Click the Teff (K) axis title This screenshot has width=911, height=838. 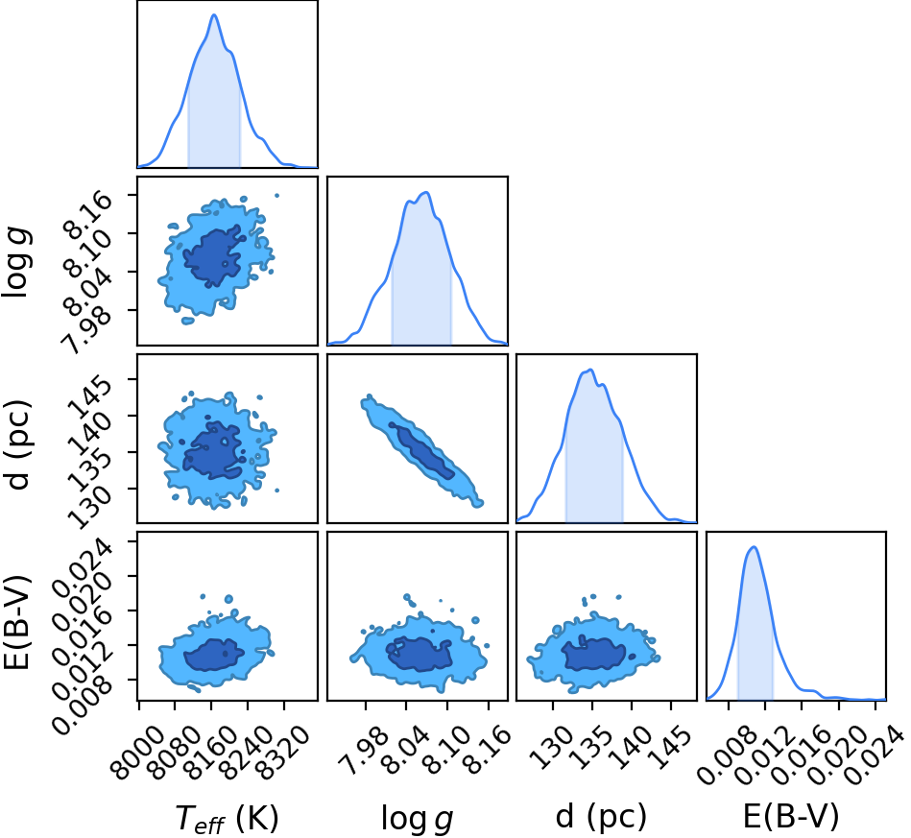[x=228, y=818]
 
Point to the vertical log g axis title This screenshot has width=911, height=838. [x=16, y=262]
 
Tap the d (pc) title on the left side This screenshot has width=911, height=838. [x=17, y=444]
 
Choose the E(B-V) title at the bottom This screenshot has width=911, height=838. [x=791, y=817]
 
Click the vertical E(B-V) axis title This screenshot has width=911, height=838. [x=17, y=621]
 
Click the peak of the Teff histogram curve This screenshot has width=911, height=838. [x=214, y=14]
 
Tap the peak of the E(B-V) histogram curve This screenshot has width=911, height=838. [x=755, y=546]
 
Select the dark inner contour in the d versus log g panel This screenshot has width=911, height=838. [x=421, y=451]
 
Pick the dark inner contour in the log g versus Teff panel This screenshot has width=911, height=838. [x=213, y=256]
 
